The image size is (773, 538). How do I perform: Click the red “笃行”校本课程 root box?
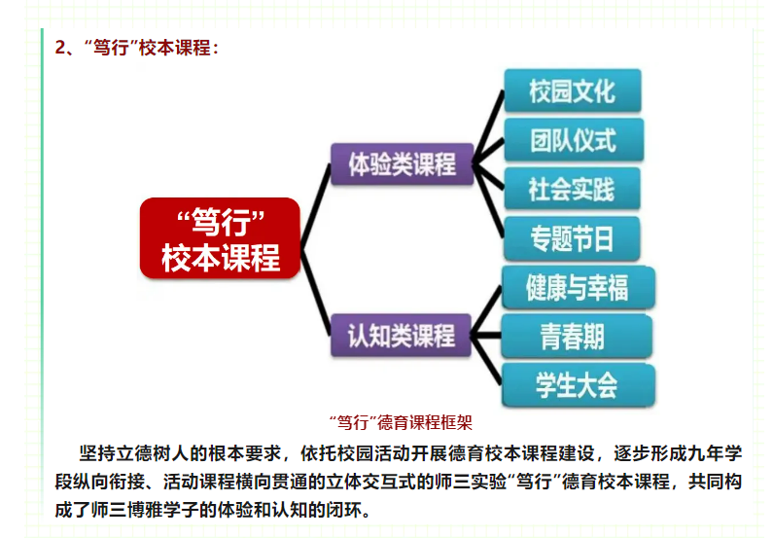tap(220, 238)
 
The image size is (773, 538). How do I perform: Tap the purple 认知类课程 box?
tap(402, 336)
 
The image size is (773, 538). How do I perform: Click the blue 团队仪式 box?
tap(572, 140)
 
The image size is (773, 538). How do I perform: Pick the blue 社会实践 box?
tap(572, 189)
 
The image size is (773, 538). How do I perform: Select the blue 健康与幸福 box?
tap(577, 288)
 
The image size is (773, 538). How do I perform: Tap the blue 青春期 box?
tap(577, 337)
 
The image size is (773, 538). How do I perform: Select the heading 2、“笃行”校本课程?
tap(136, 48)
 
